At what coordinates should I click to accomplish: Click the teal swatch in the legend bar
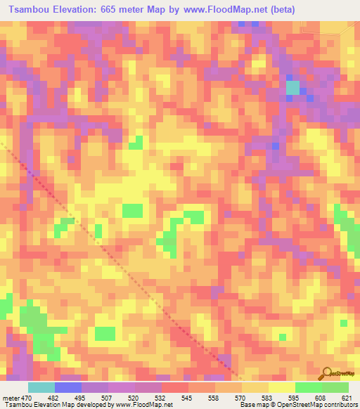(41, 387)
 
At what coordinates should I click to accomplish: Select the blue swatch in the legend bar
(68, 387)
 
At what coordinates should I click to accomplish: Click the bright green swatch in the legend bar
(308, 387)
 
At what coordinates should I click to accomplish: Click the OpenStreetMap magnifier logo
(328, 372)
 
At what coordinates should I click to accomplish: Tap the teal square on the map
(292, 88)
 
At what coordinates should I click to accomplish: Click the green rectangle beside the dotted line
(132, 210)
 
